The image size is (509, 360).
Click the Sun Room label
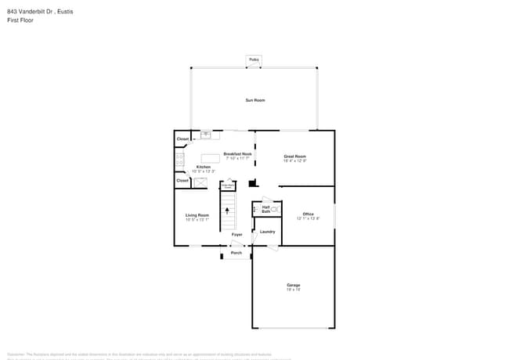point(254,100)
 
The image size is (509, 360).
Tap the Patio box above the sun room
point(253,59)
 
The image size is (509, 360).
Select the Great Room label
point(294,157)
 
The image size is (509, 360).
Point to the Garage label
point(293,285)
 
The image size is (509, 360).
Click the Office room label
point(308,214)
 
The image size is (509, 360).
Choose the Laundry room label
point(267,232)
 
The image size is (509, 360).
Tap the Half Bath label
point(266,209)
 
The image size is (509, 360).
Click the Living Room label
point(197,215)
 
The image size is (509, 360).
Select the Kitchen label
point(204,167)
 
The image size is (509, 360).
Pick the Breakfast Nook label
point(237,154)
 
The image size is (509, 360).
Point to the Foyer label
point(236,235)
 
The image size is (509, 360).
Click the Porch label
point(236,253)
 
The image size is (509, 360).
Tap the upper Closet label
point(182,139)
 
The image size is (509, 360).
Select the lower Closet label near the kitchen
point(182,181)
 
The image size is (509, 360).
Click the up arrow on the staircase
point(228,210)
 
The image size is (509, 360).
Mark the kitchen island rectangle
point(210,158)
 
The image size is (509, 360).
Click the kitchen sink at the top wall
point(206,135)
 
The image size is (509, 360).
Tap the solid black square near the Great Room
point(252,184)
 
